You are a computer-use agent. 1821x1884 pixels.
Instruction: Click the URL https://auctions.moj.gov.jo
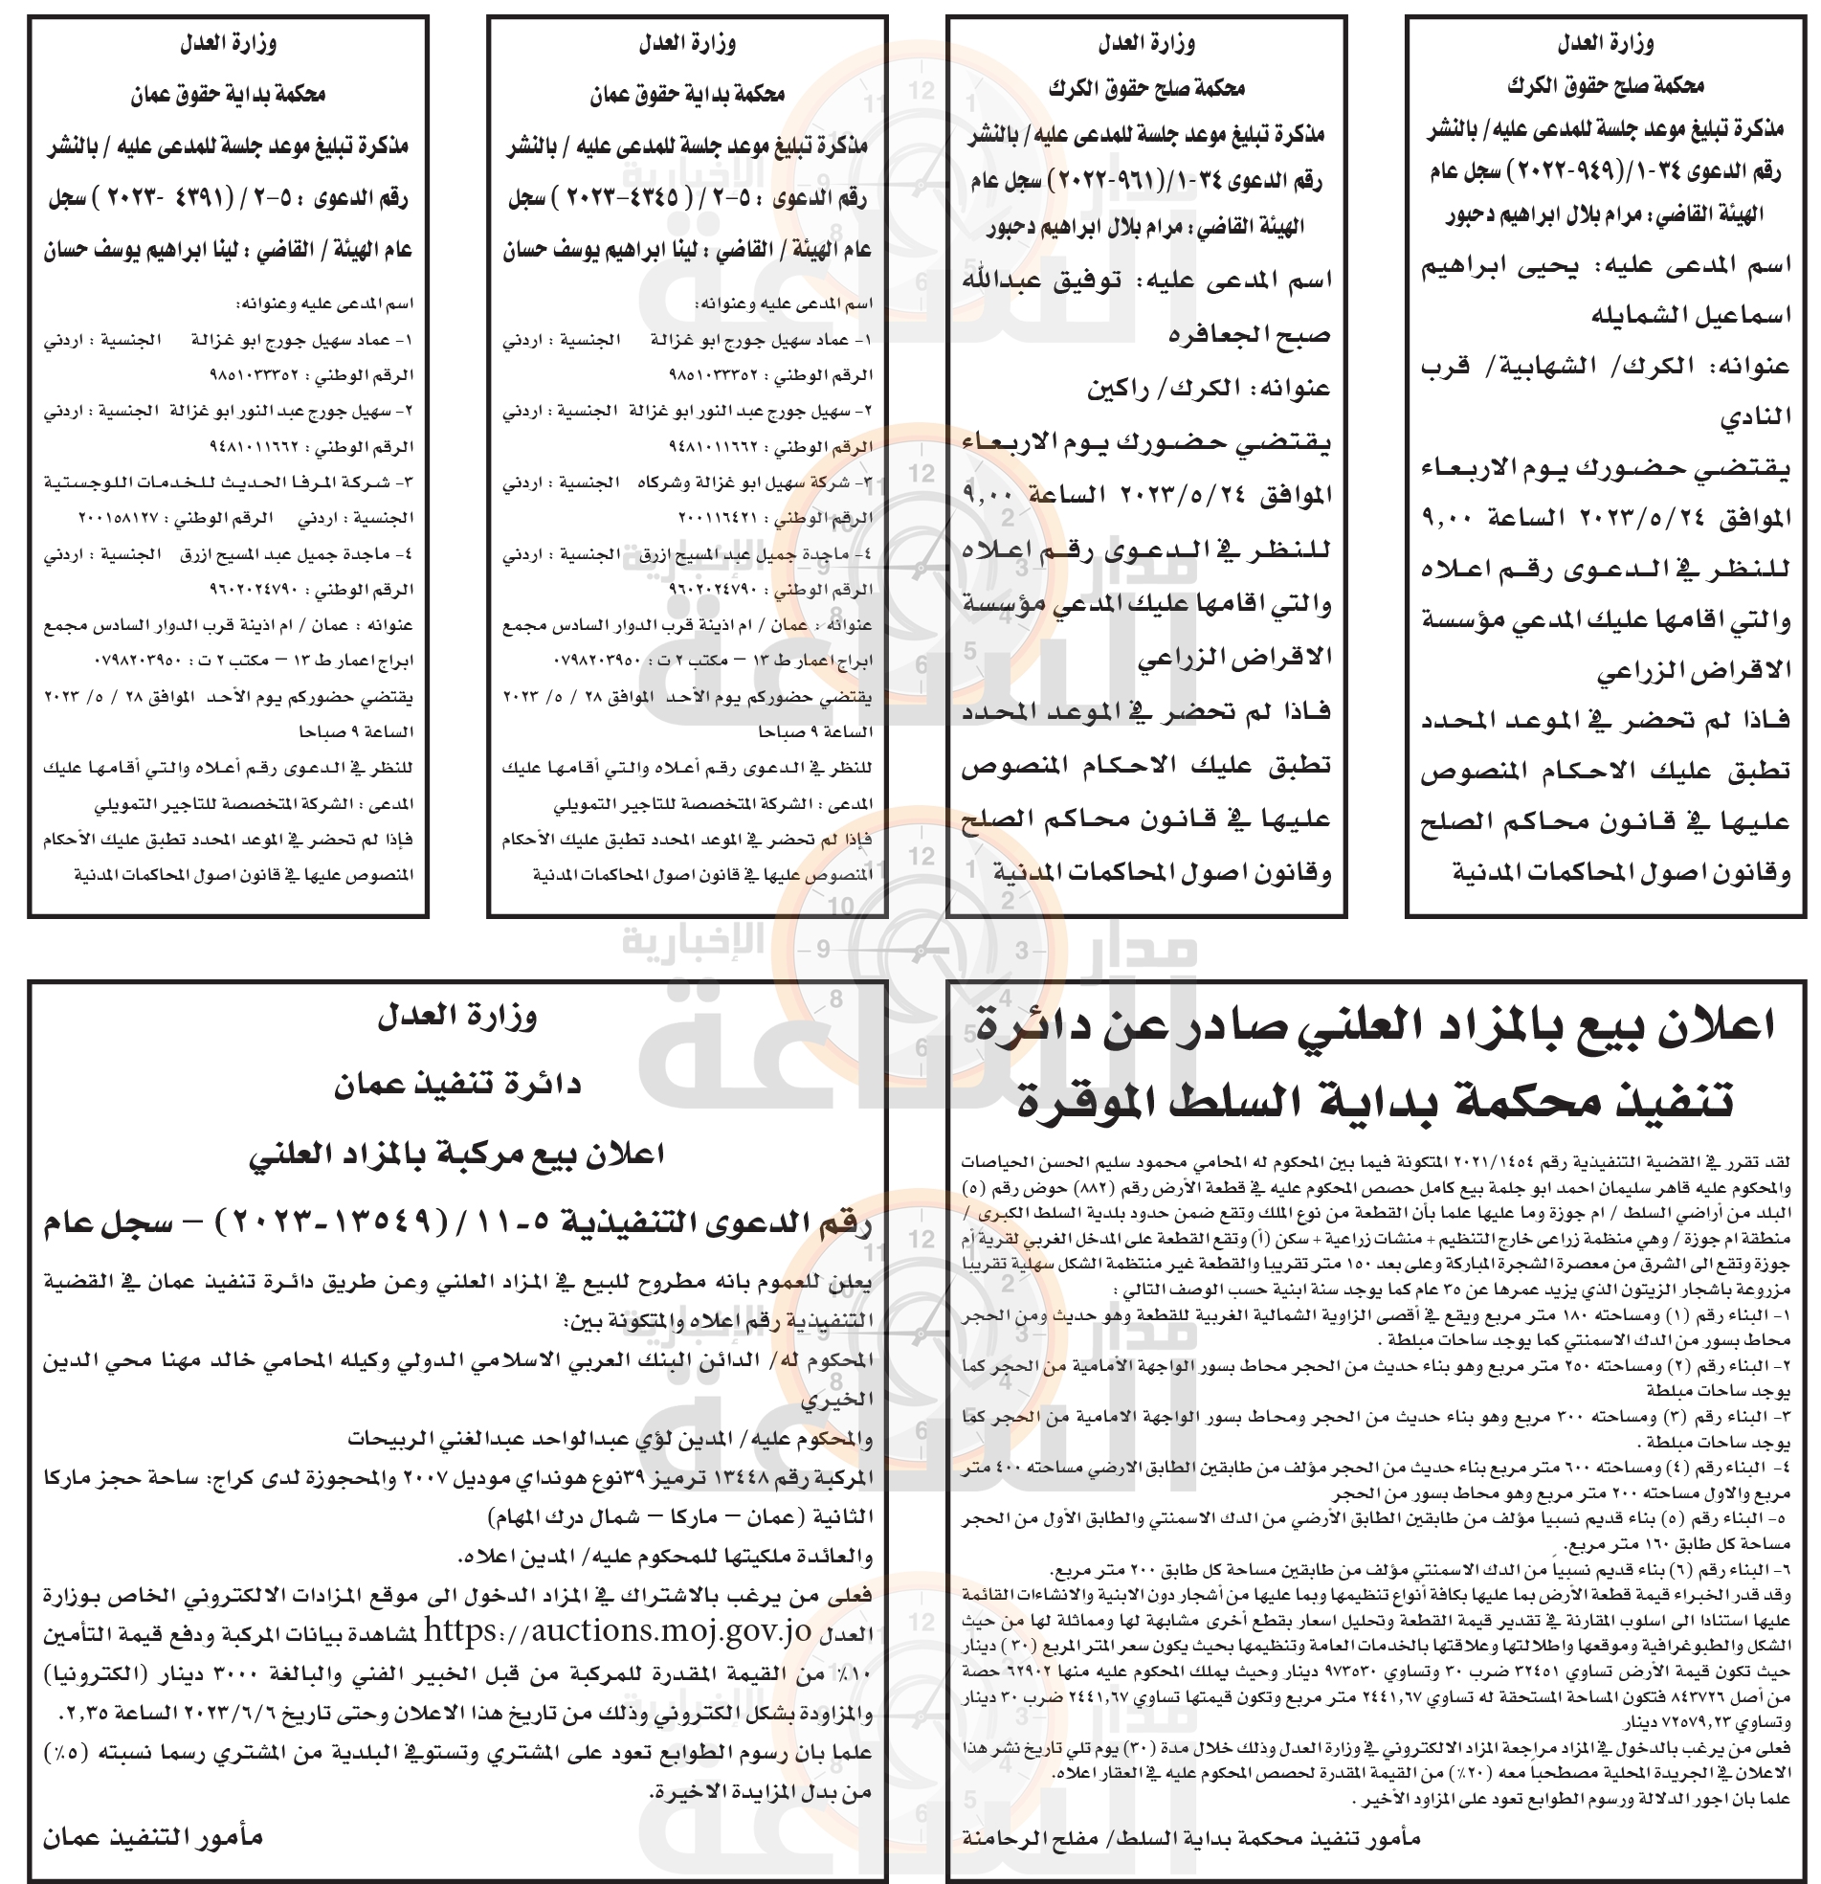click(x=618, y=1629)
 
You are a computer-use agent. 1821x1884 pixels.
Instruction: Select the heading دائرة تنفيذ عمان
click(x=457, y=1086)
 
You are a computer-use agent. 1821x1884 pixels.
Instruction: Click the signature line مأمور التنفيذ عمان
click(x=153, y=1837)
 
